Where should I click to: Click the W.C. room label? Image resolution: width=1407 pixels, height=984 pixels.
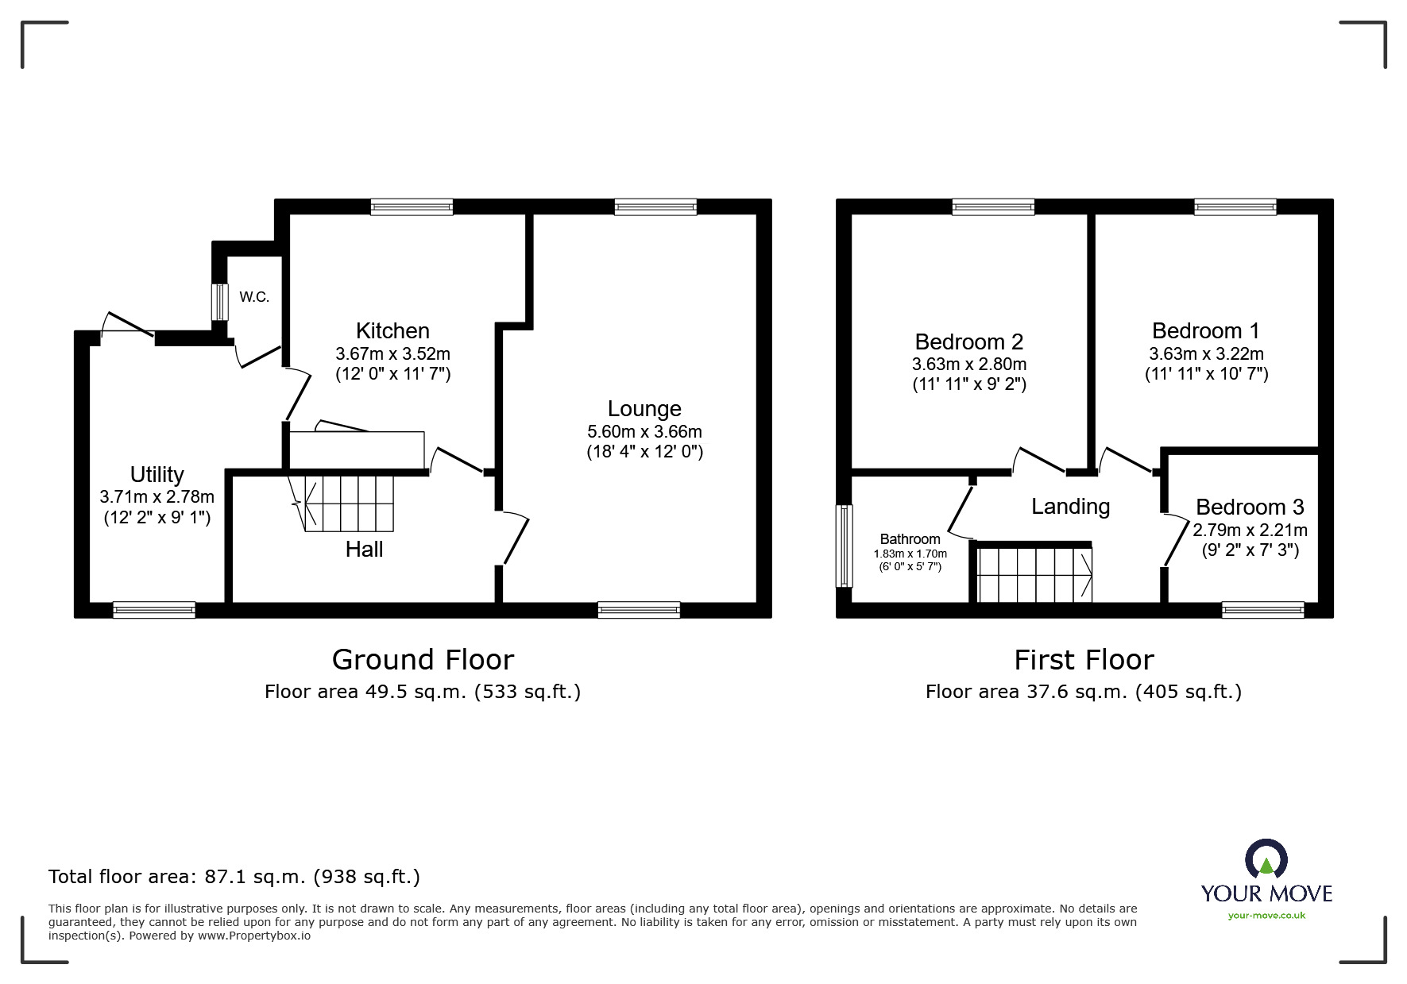[254, 297]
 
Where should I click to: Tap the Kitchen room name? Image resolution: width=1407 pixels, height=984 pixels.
[392, 330]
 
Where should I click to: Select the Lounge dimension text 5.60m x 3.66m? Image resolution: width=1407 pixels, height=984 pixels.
[644, 432]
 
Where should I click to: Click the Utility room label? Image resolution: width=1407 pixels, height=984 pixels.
[157, 474]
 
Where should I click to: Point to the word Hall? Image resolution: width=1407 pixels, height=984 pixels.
[365, 549]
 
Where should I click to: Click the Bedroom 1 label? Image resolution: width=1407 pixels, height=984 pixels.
[1206, 330]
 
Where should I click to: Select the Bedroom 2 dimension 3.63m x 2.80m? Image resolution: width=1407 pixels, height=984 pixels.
[969, 365]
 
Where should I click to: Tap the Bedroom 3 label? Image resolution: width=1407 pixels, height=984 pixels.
[1250, 507]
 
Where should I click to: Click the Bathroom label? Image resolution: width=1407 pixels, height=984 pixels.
[910, 538]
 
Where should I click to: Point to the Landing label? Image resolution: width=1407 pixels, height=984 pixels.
[1071, 507]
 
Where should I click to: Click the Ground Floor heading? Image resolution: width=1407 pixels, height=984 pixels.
[423, 659]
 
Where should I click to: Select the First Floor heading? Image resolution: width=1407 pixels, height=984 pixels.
[1084, 659]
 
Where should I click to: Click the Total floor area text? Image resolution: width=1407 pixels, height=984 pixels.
[234, 877]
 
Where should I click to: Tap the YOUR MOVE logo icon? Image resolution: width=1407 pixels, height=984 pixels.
[1266, 860]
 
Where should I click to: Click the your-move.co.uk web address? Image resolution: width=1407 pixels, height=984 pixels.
[1266, 916]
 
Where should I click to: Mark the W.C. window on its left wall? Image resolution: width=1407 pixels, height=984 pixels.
[219, 302]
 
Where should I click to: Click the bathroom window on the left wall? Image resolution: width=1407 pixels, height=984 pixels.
[844, 546]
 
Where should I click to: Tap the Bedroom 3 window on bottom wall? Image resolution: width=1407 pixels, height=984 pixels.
[1262, 610]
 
